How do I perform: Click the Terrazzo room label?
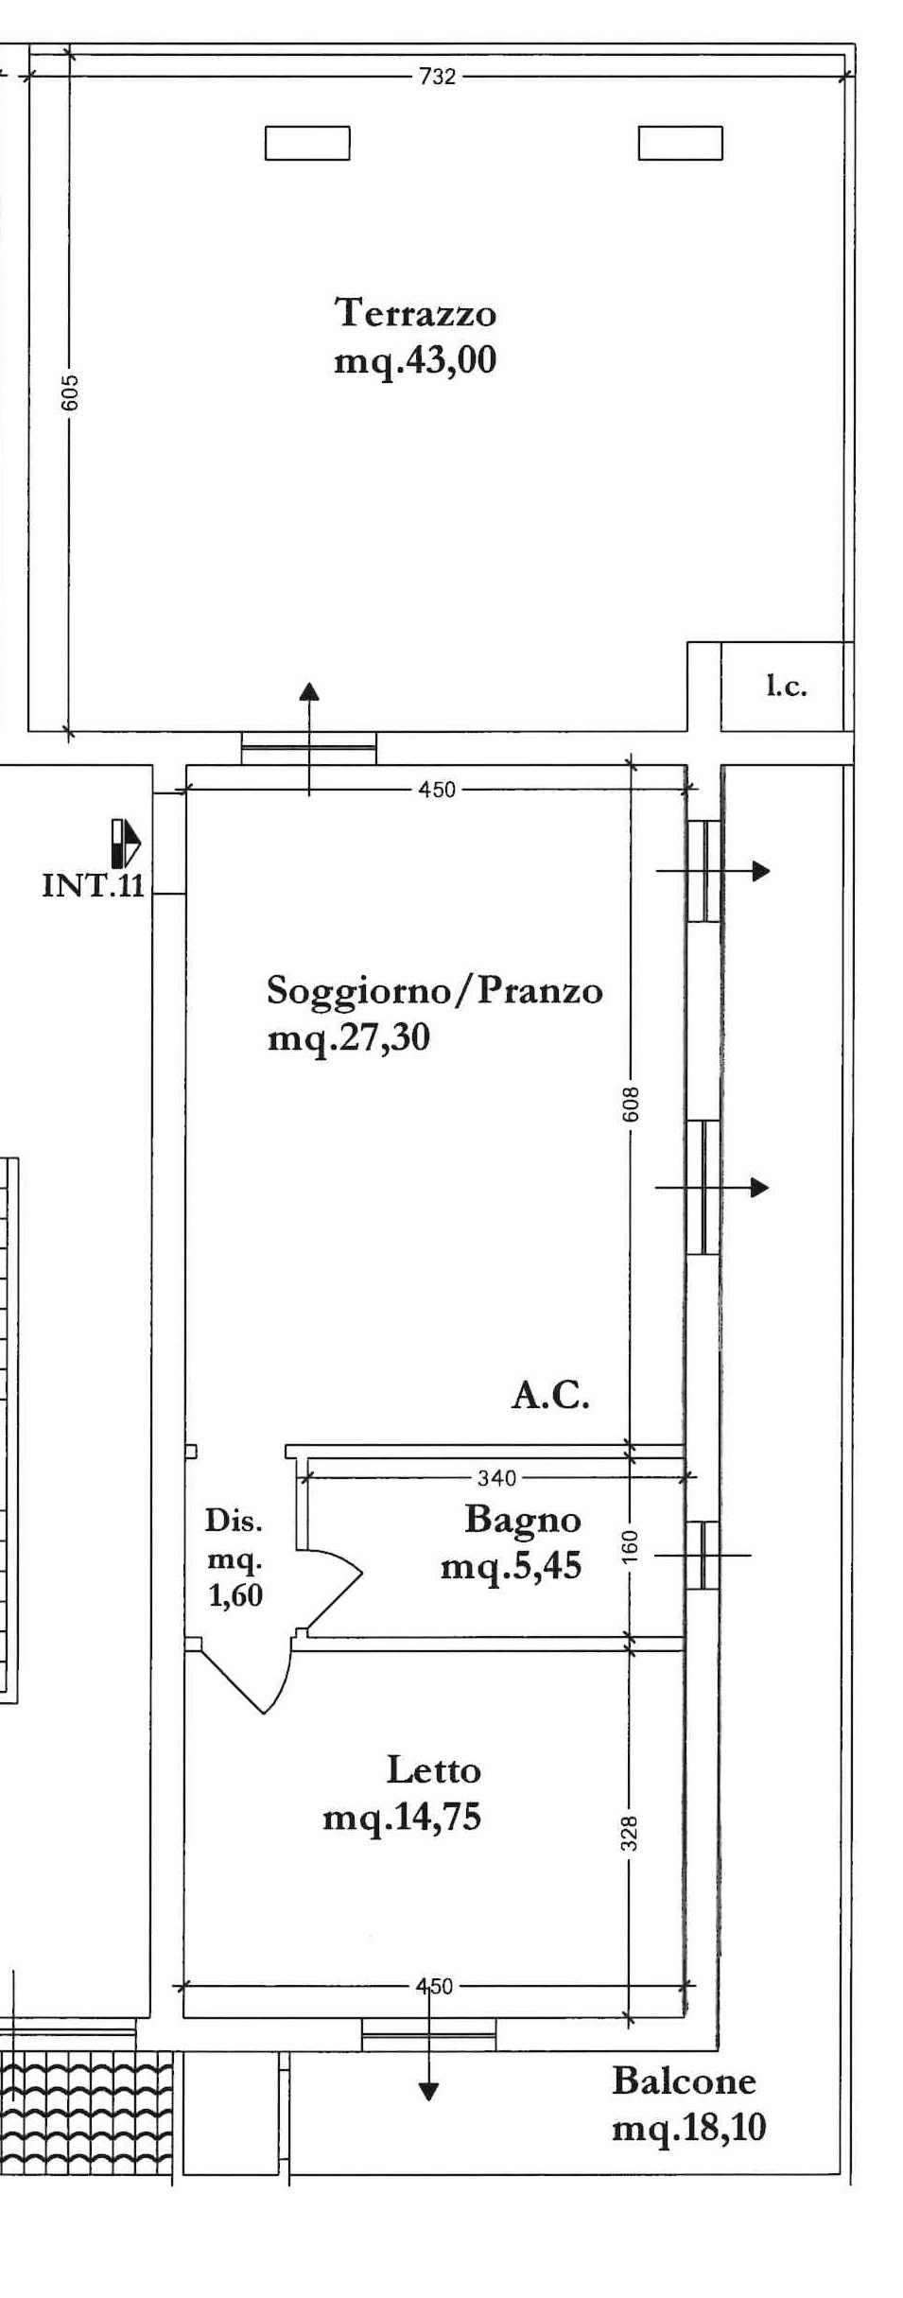[415, 312]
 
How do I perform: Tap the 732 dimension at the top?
[437, 77]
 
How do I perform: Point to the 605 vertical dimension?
[70, 393]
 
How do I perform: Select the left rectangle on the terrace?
[307, 144]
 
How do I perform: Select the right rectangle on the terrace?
[681, 144]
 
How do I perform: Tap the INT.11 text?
[93, 885]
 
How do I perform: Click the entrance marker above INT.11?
[125, 844]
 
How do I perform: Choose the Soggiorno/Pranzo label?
[435, 991]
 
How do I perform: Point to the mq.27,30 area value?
[349, 1038]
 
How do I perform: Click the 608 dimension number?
[631, 1105]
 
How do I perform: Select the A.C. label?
[550, 1395]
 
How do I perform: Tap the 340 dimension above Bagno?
[497, 1477]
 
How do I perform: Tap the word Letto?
[434, 1770]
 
